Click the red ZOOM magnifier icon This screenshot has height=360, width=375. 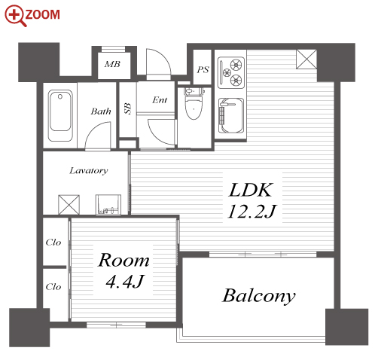pos(16,16)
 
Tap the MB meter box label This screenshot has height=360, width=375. pos(112,64)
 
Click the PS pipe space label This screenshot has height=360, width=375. pos(203,69)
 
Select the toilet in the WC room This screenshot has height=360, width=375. pos(194,103)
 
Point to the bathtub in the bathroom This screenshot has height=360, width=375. pos(60,116)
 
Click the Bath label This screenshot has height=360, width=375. pos(101,111)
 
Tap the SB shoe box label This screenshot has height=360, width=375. pos(128,108)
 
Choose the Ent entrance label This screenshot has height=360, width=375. pos(160,100)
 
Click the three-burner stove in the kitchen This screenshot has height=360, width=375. pos(231,72)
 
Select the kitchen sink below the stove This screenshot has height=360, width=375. pos(231,116)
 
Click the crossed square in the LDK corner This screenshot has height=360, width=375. pos(306,59)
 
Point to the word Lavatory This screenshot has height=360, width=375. pos(89,171)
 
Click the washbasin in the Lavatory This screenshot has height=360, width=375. pos(108,204)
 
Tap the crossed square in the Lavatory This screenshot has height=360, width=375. pos(69,205)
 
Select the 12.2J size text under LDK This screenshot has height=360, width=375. pos(252,212)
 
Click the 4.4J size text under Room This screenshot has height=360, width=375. pos(125,282)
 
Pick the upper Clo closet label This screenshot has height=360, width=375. pos(53,243)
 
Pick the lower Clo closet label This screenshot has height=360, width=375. pos(53,286)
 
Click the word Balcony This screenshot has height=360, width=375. pos(259,296)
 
